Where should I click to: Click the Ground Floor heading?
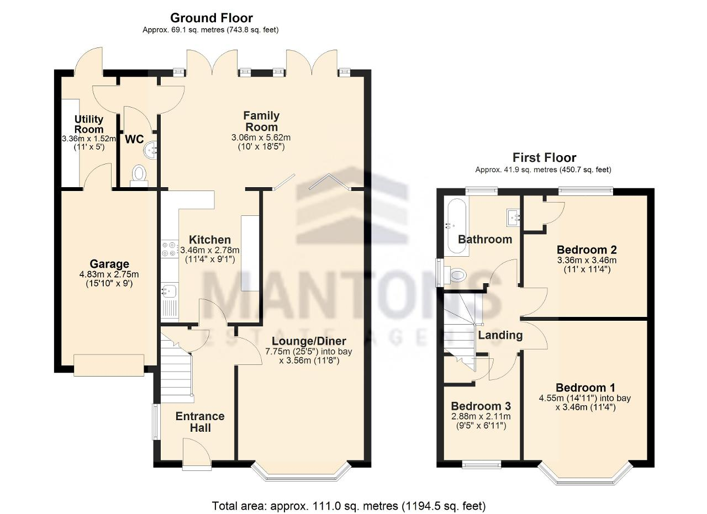(212, 18)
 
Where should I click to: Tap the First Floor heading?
(544, 157)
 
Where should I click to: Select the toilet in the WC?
(139, 176)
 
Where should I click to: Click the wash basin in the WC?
(151, 150)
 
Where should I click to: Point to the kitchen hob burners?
(170, 249)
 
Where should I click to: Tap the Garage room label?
(109, 264)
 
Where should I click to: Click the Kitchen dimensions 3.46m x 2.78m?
(210, 250)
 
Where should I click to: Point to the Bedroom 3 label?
(481, 406)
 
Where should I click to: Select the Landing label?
(500, 335)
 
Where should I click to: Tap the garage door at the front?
(109, 365)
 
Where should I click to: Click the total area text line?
(349, 506)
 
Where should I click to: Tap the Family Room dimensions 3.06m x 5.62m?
(261, 137)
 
